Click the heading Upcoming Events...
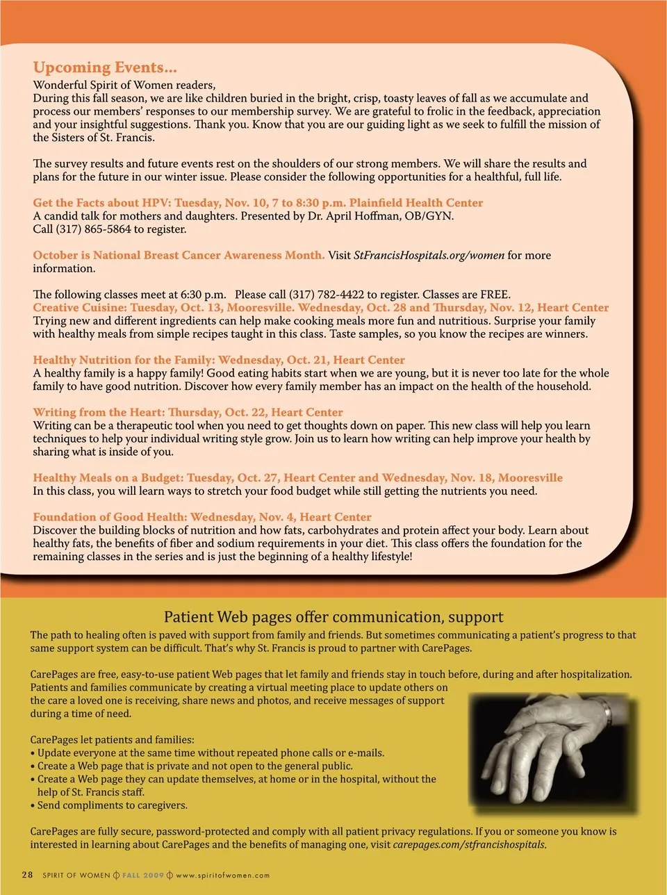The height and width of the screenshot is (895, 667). click(105, 68)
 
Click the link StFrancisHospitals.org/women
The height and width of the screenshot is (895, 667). click(429, 255)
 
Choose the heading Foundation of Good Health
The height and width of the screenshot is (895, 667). click(110, 517)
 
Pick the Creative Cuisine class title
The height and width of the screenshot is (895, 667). click(79, 307)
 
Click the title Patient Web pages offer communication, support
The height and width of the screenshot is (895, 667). click(333, 617)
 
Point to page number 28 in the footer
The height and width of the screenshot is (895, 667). click(27, 875)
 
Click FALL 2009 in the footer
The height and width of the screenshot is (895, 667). click(143, 876)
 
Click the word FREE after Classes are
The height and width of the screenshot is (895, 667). click(494, 295)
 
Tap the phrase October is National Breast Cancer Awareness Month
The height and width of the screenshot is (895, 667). click(179, 255)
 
